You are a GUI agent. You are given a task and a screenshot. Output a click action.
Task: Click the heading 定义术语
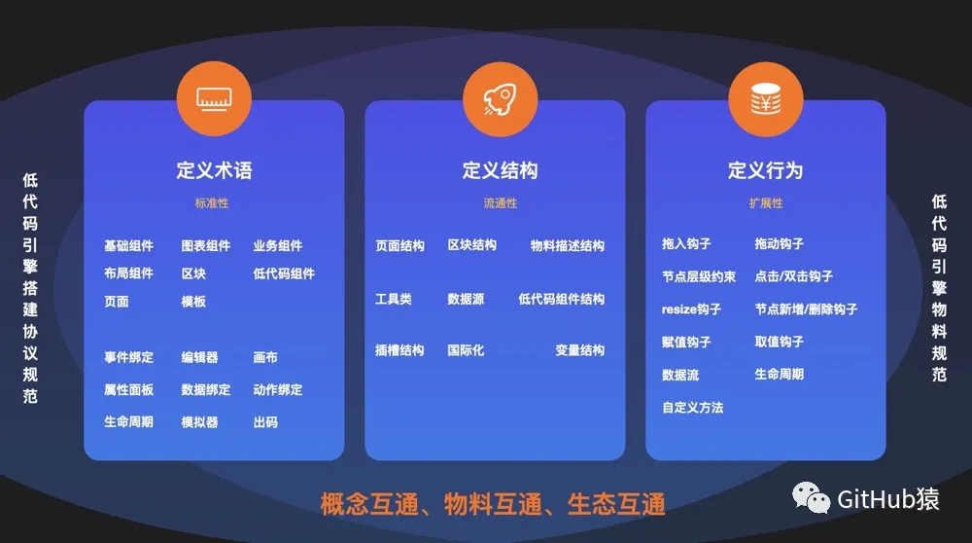point(214,170)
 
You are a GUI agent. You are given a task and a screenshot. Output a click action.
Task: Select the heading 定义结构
point(500,170)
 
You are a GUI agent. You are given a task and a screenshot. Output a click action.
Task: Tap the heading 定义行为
point(765,170)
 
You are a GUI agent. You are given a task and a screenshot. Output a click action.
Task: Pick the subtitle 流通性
point(500,203)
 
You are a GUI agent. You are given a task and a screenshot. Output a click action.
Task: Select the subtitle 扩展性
point(765,203)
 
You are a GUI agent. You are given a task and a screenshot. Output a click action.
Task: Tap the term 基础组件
point(128,246)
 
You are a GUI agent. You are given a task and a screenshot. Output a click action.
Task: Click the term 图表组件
point(205,246)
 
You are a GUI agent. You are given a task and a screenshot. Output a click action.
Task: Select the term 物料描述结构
point(567,246)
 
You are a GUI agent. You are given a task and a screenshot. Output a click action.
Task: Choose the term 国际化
point(466,350)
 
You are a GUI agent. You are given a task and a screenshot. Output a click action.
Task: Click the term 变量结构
point(579,350)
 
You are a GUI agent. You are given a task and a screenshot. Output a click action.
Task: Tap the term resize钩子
point(691,309)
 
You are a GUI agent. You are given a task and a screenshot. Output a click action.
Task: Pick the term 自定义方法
point(692,408)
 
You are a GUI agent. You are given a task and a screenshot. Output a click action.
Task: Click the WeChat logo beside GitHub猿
point(811,498)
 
